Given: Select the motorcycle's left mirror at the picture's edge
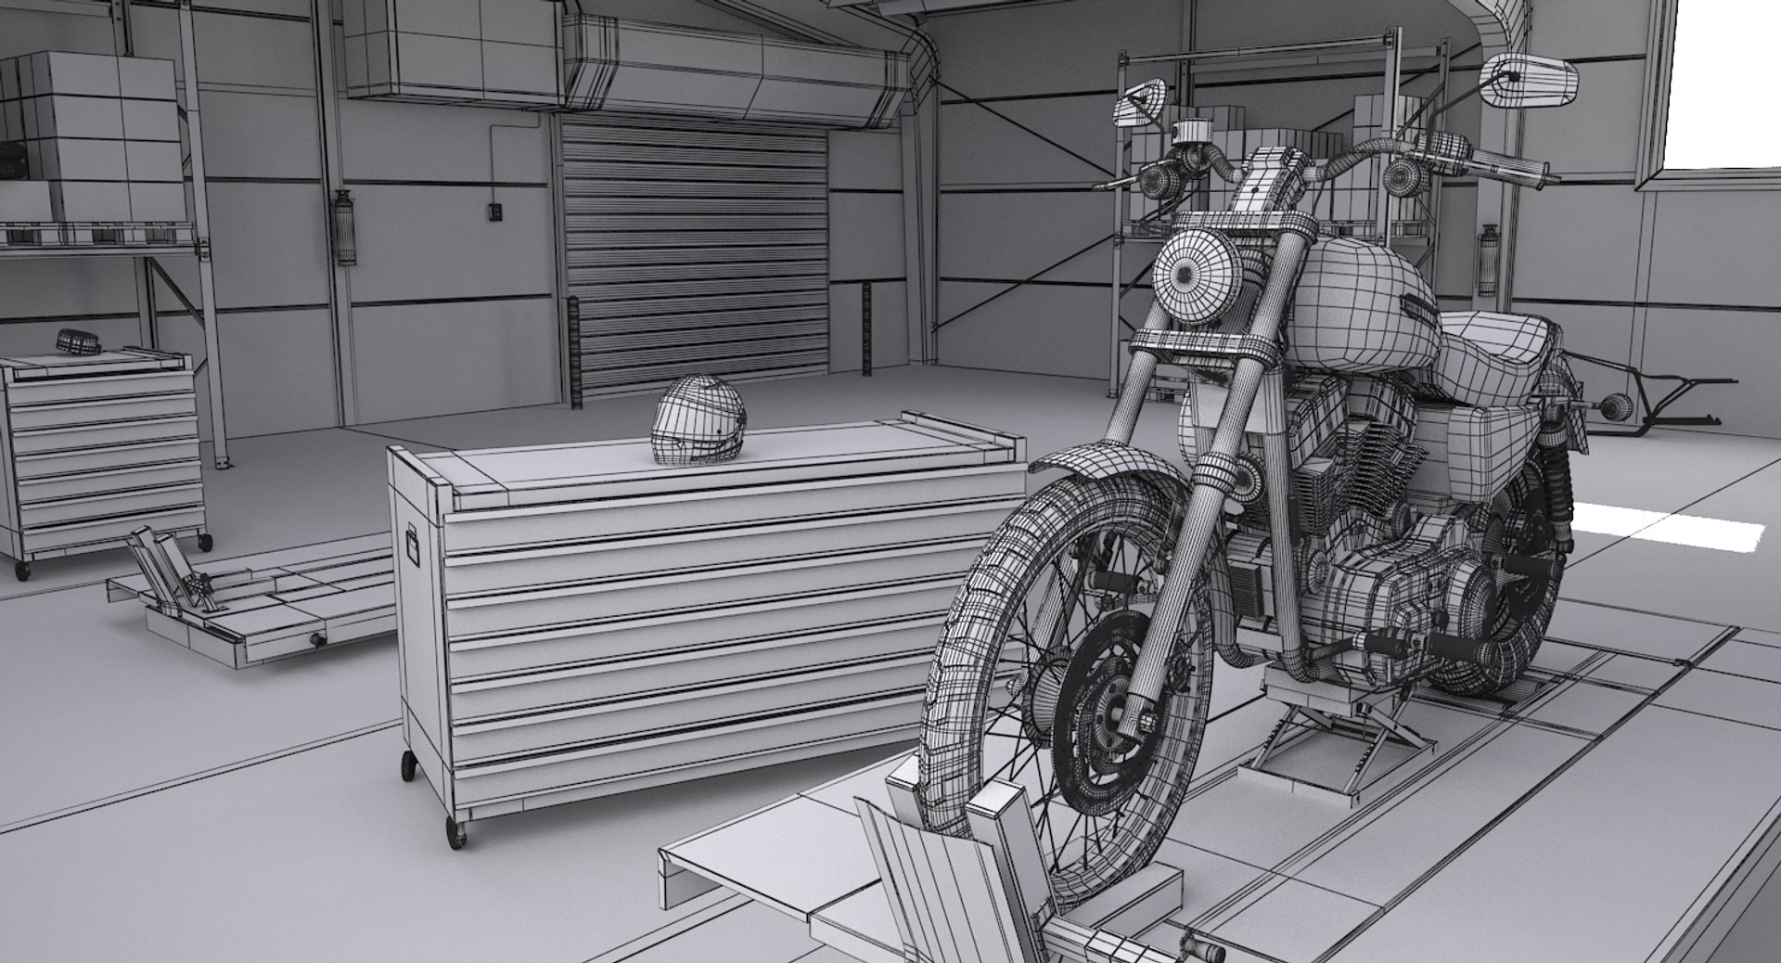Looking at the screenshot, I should (1529, 79).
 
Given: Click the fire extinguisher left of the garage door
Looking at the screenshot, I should (347, 227).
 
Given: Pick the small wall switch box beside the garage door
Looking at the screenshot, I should (495, 213).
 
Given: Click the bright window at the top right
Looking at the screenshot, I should (1725, 83).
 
